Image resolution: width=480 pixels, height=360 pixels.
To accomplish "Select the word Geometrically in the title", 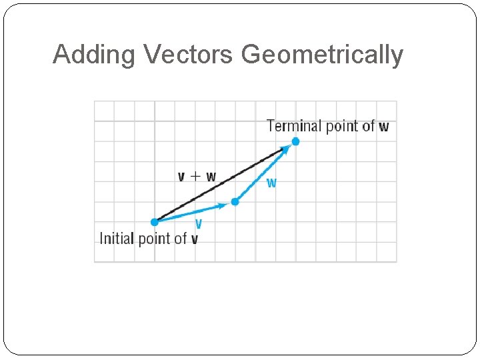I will pyautogui.click(x=323, y=55).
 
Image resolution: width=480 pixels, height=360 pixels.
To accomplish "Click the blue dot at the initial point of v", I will pyautogui.click(x=155, y=222).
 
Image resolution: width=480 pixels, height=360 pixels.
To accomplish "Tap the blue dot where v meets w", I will pyautogui.click(x=235, y=201).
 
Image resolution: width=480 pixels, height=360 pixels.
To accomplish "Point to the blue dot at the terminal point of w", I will pyautogui.click(x=295, y=141).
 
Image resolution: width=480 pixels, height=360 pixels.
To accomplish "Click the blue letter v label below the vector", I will pyautogui.click(x=199, y=224).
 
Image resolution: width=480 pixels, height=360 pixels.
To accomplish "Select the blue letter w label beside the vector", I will pyautogui.click(x=271, y=183).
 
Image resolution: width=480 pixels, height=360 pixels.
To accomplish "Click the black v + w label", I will pyautogui.click(x=197, y=177).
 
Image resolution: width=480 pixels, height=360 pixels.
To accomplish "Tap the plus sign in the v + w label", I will pyautogui.click(x=196, y=177).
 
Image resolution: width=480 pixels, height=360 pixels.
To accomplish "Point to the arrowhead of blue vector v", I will pyautogui.click(x=224, y=205).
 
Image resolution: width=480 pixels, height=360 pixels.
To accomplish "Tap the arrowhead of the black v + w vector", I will pyautogui.click(x=283, y=149).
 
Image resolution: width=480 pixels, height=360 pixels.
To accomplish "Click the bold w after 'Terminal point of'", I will pyautogui.click(x=384, y=126).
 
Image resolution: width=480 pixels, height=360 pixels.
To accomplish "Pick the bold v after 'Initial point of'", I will pyautogui.click(x=194, y=239).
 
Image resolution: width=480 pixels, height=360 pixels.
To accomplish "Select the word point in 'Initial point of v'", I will pyautogui.click(x=155, y=239).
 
